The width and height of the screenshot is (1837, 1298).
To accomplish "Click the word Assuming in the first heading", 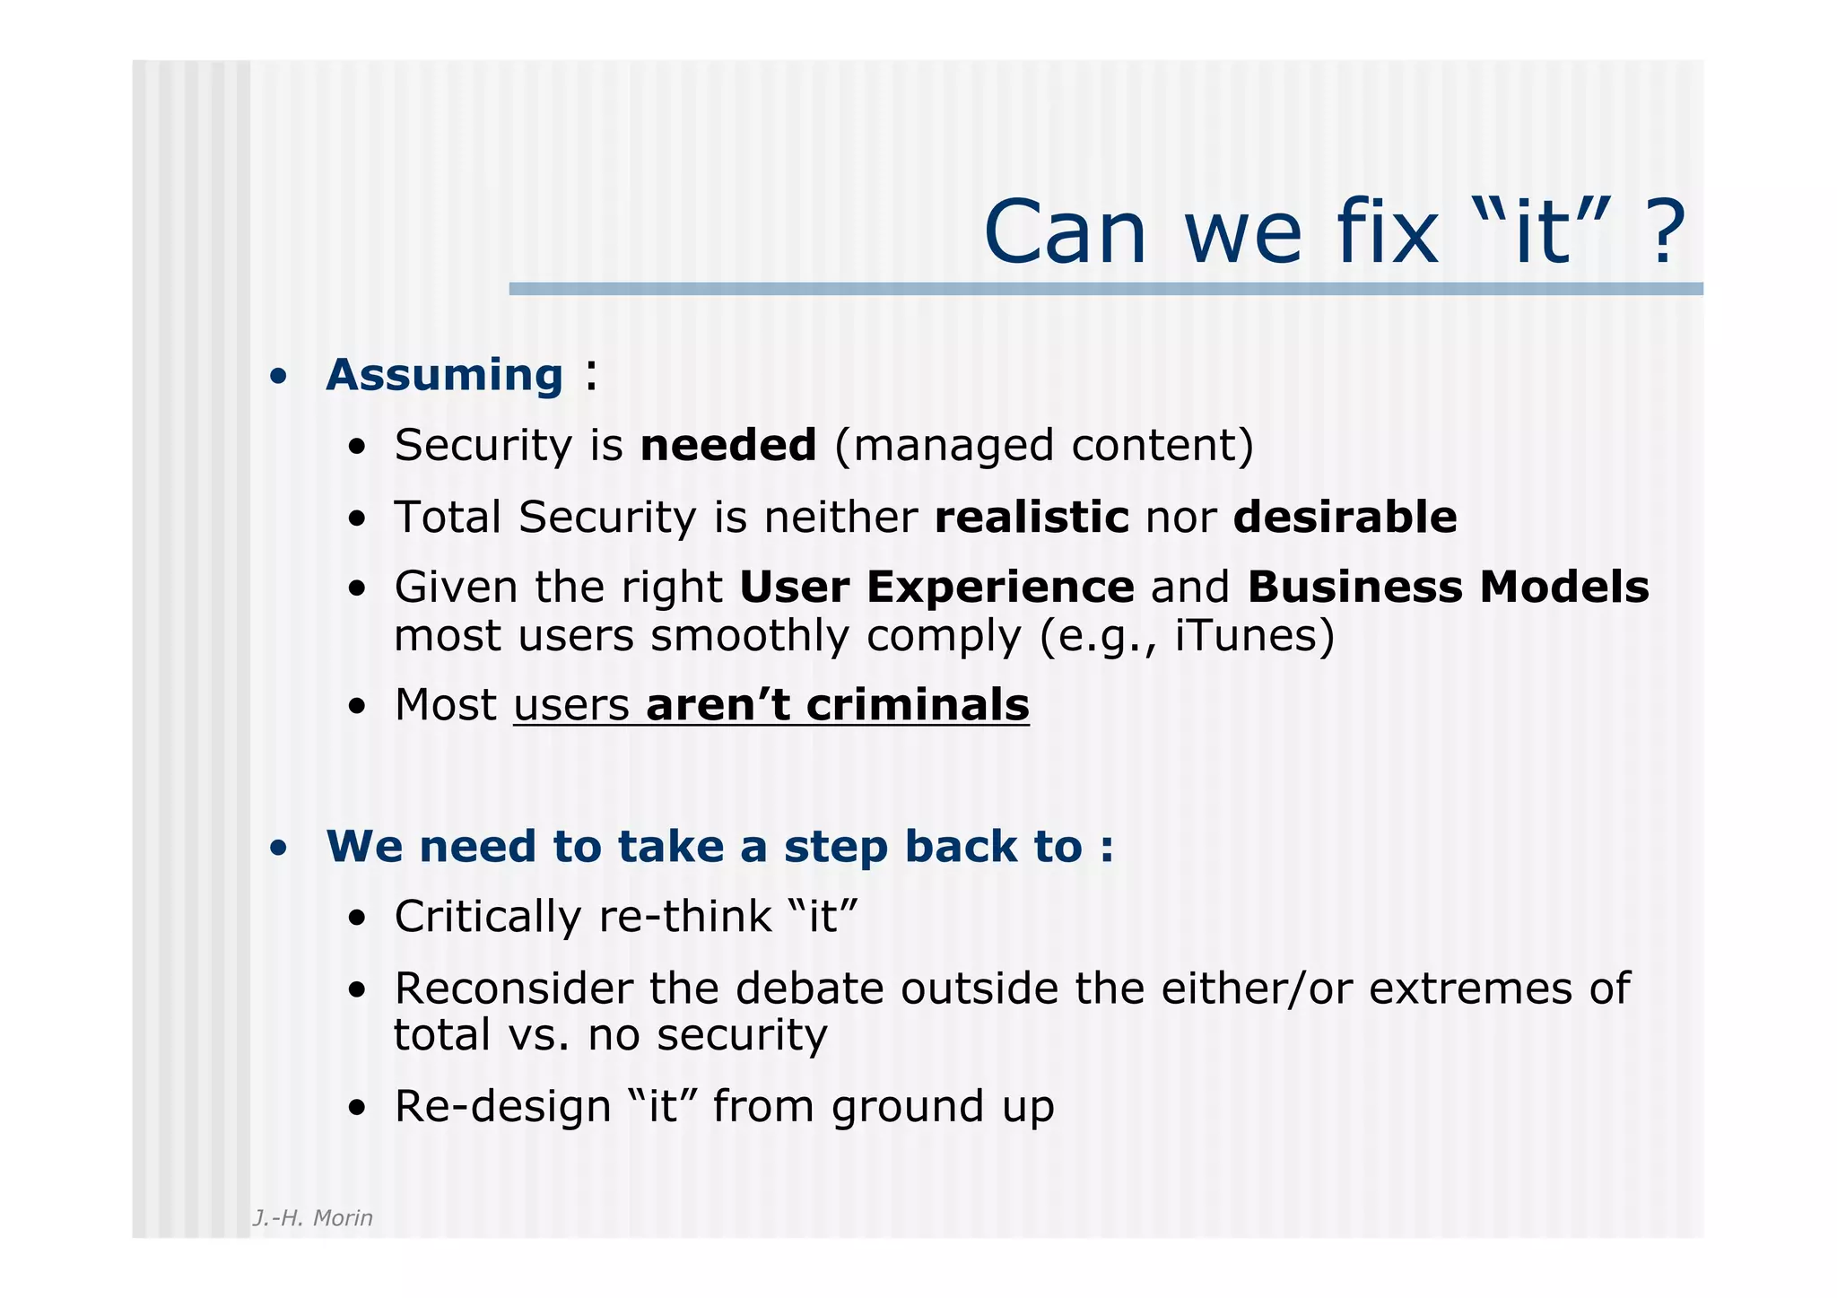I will pos(444,375).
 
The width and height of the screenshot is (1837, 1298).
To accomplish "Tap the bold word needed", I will pos(727,445).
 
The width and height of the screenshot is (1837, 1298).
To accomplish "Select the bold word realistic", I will pos(1031,517).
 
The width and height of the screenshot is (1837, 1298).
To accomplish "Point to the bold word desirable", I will pos(1345,517).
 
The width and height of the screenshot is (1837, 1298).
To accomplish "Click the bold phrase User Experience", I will pos(936,587).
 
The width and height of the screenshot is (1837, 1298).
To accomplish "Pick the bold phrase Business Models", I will pos(1447,587).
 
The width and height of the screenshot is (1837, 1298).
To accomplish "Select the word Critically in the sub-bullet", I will pos(488,917).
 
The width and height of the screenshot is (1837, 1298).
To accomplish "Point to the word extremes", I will pos(1467,989).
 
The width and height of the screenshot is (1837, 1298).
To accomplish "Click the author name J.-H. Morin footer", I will pos(312,1217).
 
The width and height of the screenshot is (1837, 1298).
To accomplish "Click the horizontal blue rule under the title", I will pos(1105,289).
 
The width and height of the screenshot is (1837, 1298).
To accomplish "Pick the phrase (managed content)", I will pos(1043,446).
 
